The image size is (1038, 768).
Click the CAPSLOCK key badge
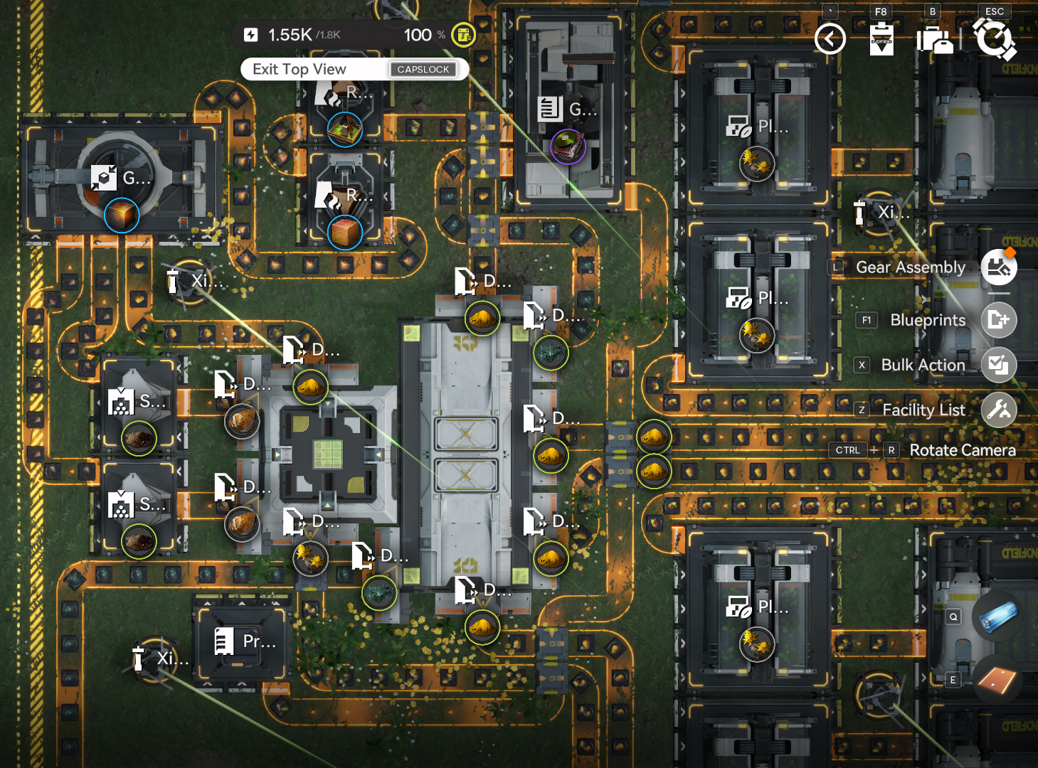(423, 69)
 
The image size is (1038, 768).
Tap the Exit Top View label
(300, 69)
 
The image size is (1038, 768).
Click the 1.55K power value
(290, 35)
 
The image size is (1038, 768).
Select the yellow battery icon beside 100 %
(463, 34)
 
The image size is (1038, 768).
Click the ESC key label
(995, 11)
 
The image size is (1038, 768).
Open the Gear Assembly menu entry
(910, 267)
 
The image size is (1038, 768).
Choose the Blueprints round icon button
(999, 320)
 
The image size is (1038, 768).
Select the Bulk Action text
(923, 365)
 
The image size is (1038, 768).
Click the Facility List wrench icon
(999, 410)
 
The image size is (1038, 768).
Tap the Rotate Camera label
(962, 450)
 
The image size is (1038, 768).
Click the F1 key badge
(866, 320)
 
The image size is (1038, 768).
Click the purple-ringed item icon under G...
(568, 146)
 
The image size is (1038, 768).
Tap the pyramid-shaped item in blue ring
(345, 129)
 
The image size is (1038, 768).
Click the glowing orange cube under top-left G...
(122, 215)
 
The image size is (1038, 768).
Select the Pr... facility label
(259, 641)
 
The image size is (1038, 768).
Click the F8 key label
(881, 11)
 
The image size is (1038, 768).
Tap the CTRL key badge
(847, 450)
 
